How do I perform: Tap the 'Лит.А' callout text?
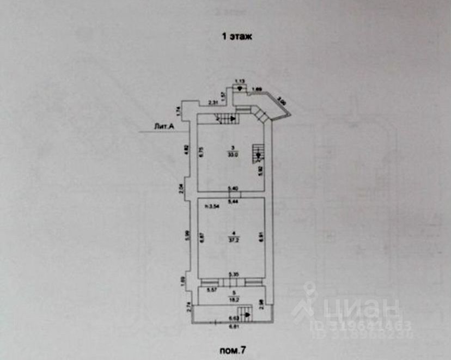pyautogui.click(x=163, y=127)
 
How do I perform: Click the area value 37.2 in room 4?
pyautogui.click(x=232, y=239)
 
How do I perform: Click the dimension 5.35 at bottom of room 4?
pyautogui.click(x=233, y=274)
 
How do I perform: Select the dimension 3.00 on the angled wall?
pyautogui.click(x=280, y=102)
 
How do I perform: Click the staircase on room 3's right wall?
pyautogui.click(x=257, y=153)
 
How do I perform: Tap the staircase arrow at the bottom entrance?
pyautogui.click(x=246, y=313)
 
